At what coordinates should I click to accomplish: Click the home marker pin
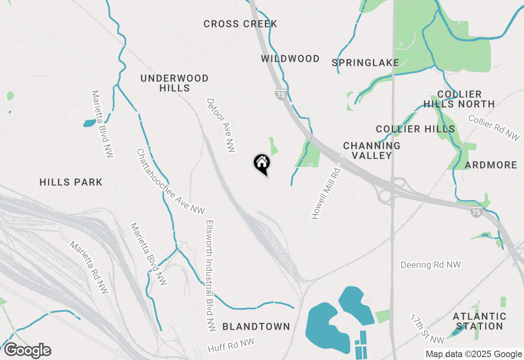pos(262,164)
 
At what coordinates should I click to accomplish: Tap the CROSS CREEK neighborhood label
pos(240,24)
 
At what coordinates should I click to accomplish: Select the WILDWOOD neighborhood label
pos(290,59)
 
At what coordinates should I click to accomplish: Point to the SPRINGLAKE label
pos(365,63)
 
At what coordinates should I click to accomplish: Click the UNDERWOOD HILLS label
pos(174,83)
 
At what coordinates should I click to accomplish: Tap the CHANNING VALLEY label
pos(372,151)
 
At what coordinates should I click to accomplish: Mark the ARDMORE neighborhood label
pos(491,165)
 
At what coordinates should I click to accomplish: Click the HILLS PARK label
pos(71,182)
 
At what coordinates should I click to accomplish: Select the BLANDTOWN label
pos(256,326)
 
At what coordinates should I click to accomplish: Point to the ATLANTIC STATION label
pos(479,321)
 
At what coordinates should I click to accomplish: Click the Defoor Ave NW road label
pos(221,125)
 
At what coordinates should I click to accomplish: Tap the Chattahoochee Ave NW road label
pos(170,181)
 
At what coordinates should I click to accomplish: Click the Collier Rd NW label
pos(494,128)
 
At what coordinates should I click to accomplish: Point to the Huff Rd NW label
pos(231,345)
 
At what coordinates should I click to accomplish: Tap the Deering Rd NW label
pos(431,265)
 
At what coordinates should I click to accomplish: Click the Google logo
pos(27,350)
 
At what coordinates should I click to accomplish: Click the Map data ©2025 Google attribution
pos(473,354)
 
